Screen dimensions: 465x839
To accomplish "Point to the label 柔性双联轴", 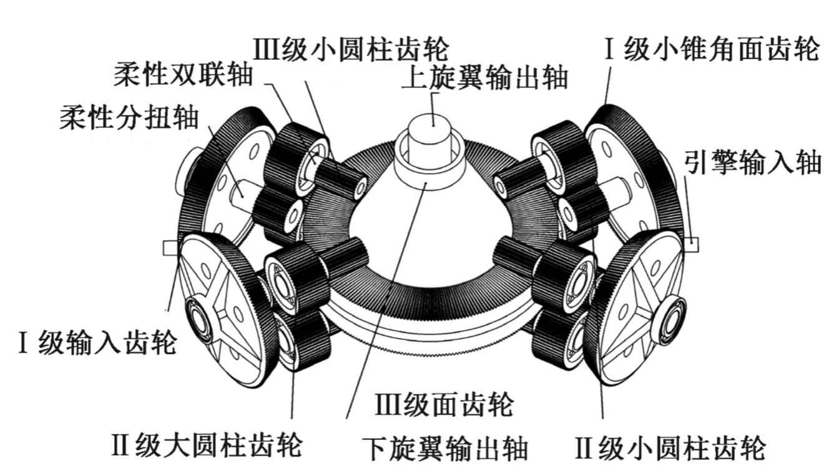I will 183,75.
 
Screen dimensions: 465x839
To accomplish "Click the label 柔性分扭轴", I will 129,118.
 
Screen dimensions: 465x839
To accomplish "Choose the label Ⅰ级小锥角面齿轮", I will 711,49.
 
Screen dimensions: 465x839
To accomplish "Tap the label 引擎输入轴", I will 752,164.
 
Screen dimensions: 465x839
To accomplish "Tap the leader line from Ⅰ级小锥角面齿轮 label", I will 608,87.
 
